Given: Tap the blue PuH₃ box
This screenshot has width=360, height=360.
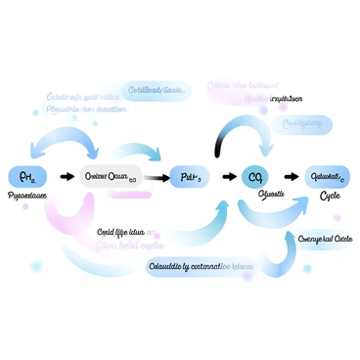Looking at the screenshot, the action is [192, 177].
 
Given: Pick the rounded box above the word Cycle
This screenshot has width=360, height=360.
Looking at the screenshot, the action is [328, 176].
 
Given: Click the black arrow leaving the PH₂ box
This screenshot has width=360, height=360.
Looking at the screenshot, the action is [66, 177].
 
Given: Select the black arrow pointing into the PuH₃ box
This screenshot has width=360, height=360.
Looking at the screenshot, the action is [157, 177].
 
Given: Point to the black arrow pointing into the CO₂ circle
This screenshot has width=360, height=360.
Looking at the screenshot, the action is [230, 177].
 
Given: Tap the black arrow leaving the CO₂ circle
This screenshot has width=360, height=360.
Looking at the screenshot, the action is [287, 177].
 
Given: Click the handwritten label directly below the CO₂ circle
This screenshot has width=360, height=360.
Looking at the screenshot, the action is [270, 196].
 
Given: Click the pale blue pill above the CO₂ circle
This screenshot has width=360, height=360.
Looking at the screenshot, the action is [303, 124].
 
